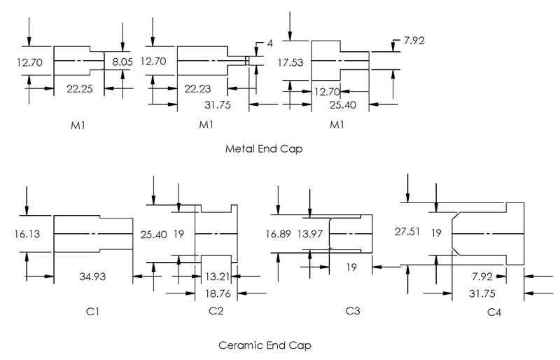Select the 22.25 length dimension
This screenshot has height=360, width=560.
pos(78,89)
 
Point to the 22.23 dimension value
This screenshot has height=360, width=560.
pos(202,89)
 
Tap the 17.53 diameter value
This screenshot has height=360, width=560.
pos(290,62)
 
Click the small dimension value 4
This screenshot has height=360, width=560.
pos(269,43)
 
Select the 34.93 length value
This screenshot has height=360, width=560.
pos(91,277)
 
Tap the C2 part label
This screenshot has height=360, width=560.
pos(216,310)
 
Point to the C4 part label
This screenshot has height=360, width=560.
pos(495,311)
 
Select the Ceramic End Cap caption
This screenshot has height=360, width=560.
pos(265,345)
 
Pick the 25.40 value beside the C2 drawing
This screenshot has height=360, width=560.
pos(153,234)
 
